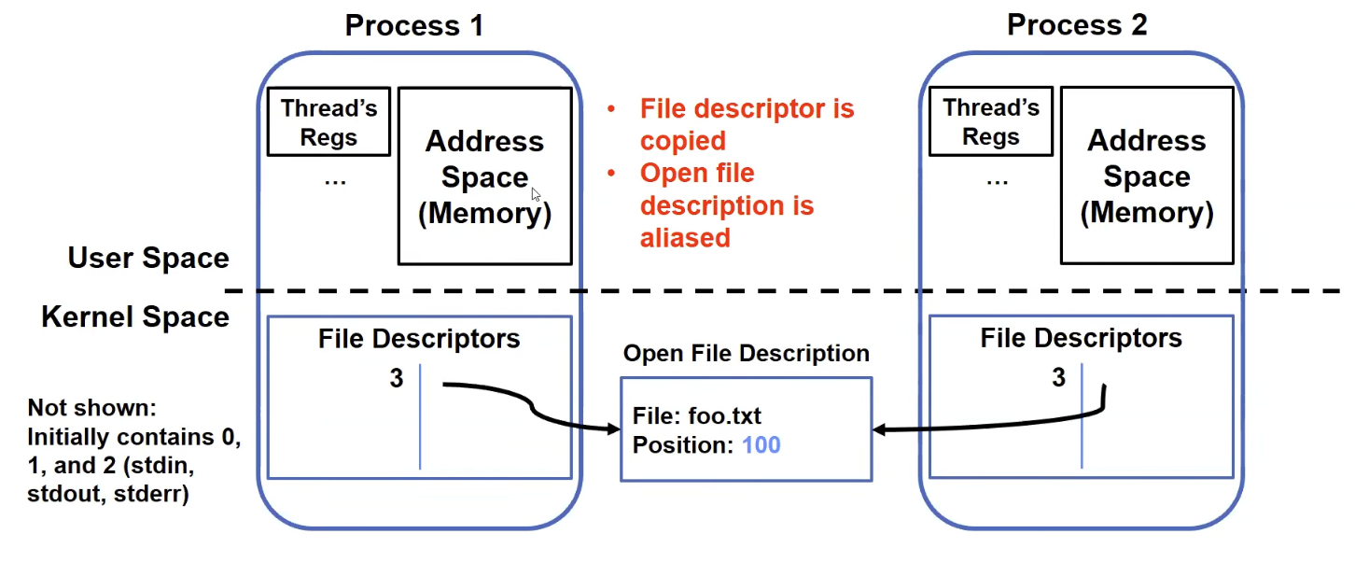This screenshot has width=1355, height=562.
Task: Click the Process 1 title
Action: pyautogui.click(x=414, y=25)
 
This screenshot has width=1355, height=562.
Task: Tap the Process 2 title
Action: pyautogui.click(x=1077, y=25)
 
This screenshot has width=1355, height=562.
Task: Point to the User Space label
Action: pyautogui.click(x=148, y=258)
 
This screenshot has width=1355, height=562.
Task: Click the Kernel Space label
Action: pyautogui.click(x=135, y=316)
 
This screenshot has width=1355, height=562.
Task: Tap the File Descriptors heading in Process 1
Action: pyautogui.click(x=419, y=339)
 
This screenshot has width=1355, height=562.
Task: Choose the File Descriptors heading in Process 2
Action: pyautogui.click(x=1081, y=338)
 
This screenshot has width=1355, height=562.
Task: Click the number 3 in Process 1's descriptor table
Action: pyautogui.click(x=397, y=378)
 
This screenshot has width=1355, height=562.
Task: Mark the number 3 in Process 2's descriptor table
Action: pyautogui.click(x=1058, y=377)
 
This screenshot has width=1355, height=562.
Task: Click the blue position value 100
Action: pyautogui.click(x=761, y=445)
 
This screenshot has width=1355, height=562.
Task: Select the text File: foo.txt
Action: pyautogui.click(x=697, y=416)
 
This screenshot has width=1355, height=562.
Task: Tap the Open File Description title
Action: pyautogui.click(x=747, y=353)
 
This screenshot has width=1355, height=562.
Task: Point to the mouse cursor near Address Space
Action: pyautogui.click(x=536, y=195)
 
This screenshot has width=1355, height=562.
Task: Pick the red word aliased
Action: pyautogui.click(x=685, y=238)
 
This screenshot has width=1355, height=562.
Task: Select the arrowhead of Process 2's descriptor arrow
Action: pyautogui.click(x=880, y=429)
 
